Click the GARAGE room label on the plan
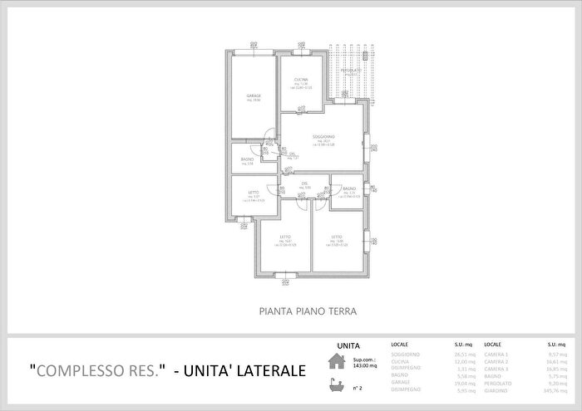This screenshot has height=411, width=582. [x=254, y=96]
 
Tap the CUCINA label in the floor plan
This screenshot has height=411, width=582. [x=301, y=80]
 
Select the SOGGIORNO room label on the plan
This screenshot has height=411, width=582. [x=323, y=135]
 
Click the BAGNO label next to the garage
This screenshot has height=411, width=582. [x=247, y=159]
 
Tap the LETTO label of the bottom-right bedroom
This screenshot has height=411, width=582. [x=337, y=237]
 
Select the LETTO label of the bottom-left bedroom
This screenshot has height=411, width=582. [x=285, y=237]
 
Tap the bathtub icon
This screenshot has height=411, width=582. [x=337, y=384]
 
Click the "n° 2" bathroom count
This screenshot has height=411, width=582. [x=358, y=387]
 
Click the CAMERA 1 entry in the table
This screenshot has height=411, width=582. [x=496, y=353]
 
